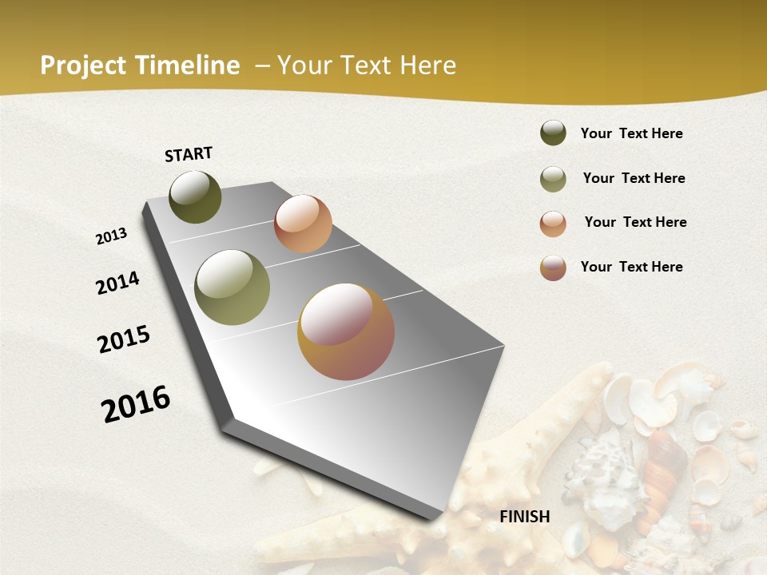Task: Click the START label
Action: point(189,154)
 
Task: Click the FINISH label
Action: point(524,517)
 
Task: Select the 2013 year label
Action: point(112,236)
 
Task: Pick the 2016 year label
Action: point(137,404)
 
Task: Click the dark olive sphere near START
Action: point(196,197)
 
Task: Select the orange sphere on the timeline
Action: point(303,224)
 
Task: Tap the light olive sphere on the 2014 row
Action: point(232,287)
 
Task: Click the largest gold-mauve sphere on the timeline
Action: point(346,331)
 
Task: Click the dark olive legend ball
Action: point(553,133)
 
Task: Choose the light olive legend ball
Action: point(553,179)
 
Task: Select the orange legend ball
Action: point(553,224)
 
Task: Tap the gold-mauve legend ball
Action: point(553,268)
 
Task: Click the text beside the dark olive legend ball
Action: point(631,133)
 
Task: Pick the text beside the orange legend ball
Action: point(635,222)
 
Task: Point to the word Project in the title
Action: point(83,65)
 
